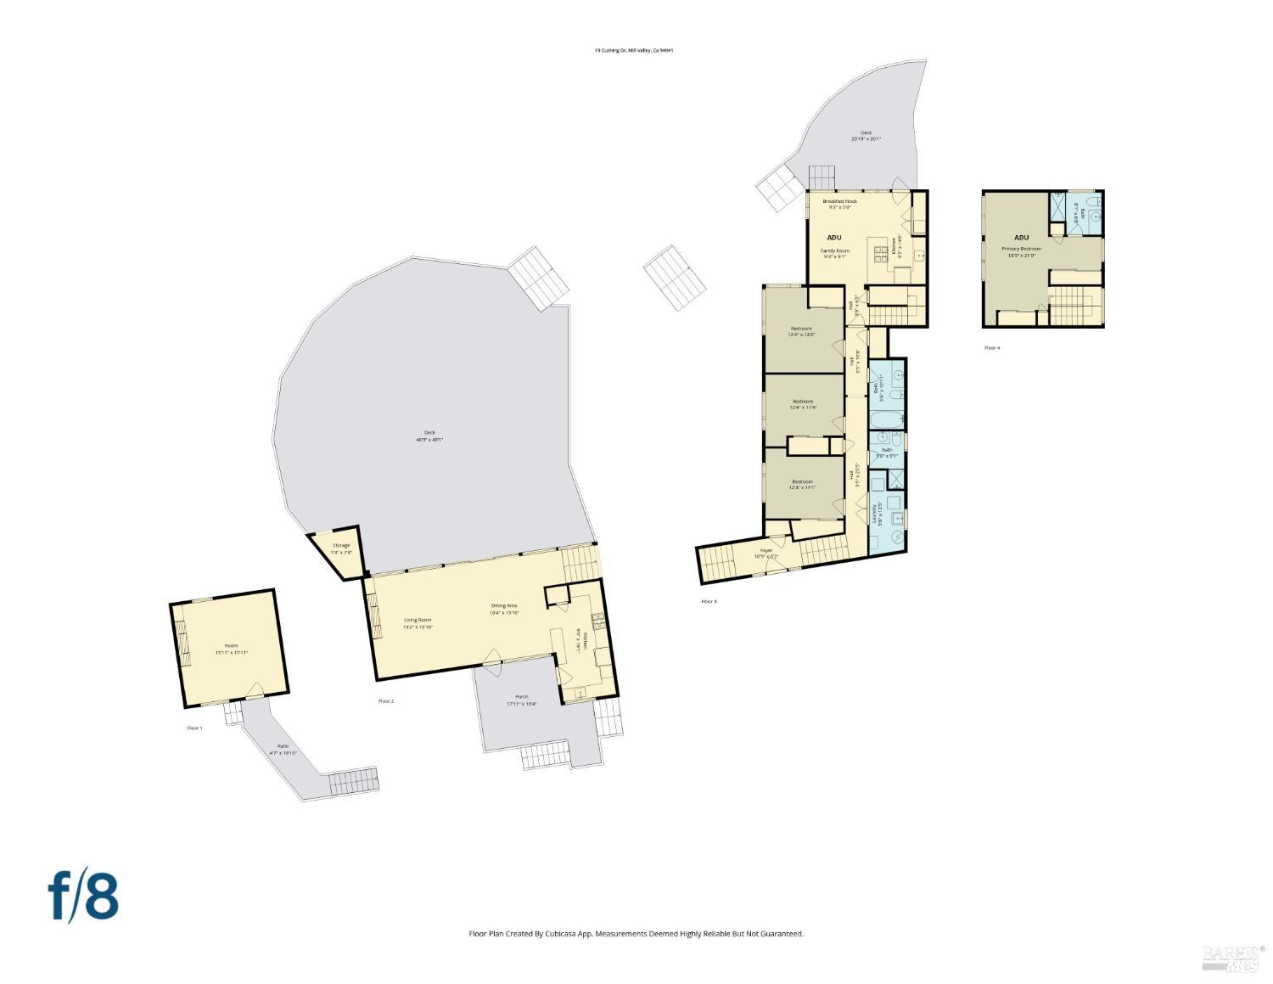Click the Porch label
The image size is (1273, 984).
(x=521, y=700)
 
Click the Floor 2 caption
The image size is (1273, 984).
(x=386, y=701)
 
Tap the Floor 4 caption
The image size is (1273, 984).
(x=991, y=348)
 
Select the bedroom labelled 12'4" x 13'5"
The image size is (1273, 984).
(x=802, y=331)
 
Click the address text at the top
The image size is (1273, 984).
(x=634, y=51)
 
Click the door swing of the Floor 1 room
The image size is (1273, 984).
(x=254, y=689)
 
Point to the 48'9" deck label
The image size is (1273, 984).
(x=429, y=436)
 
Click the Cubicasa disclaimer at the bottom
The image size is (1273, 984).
(x=636, y=934)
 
